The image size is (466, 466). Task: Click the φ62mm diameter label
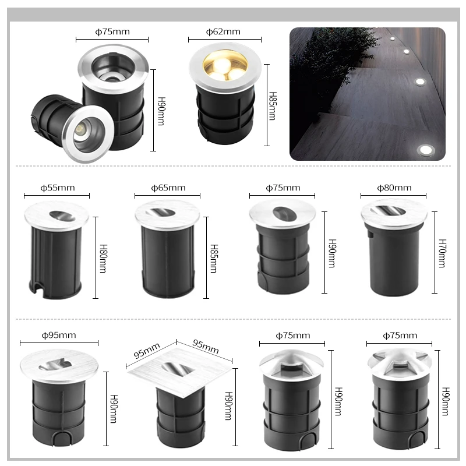pos(223,31)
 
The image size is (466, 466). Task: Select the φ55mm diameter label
pos(57,188)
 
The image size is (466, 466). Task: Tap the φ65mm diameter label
pos(168,188)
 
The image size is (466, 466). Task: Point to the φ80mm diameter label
pos(394,188)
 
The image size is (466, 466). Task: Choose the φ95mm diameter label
pos(59,336)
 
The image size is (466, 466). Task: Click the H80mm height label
pos(103,258)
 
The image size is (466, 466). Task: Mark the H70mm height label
pos(442,253)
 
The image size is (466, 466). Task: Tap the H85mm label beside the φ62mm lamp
pos(272,106)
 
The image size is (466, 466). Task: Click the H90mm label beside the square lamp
pos(228,405)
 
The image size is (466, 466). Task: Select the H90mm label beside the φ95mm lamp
pos(114,409)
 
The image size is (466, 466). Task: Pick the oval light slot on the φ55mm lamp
pos(62,216)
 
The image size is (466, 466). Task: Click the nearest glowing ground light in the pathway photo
pos(426,150)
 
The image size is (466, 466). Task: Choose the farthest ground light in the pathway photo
pos(392,39)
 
